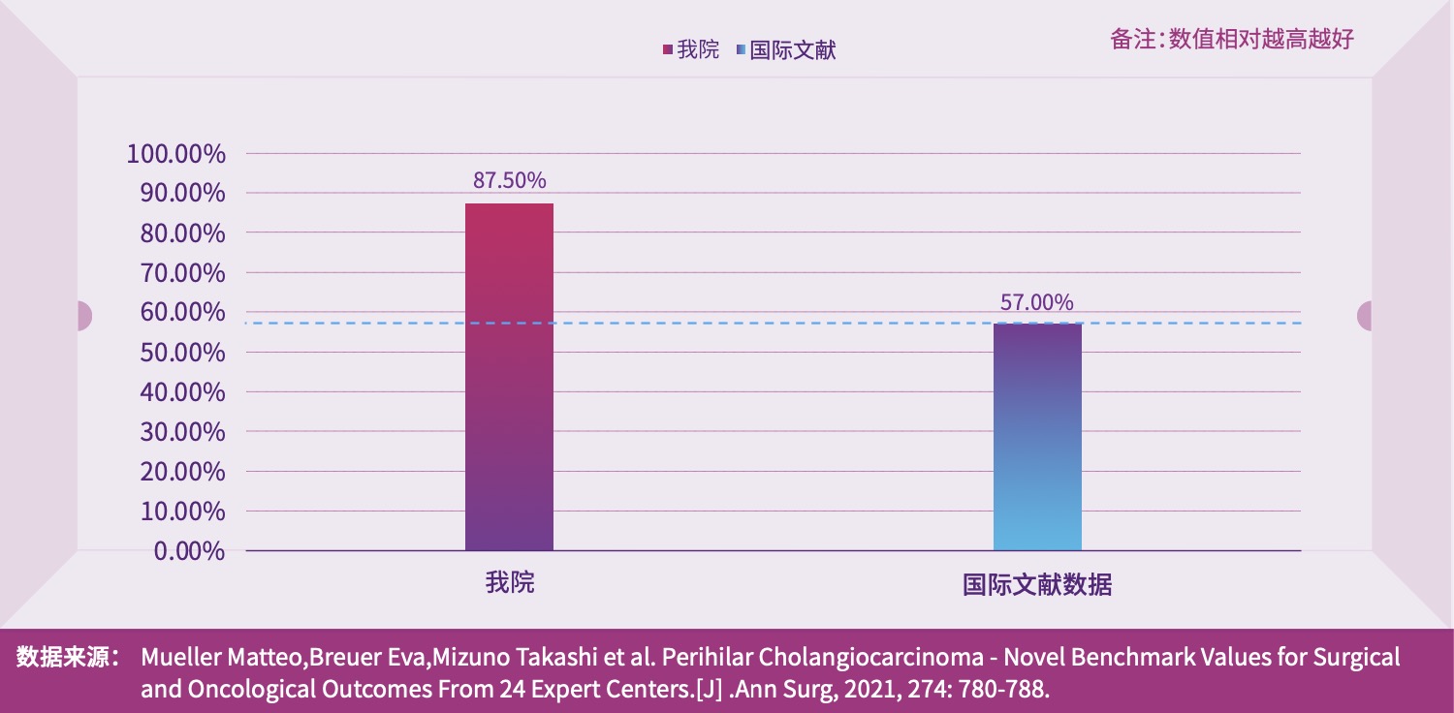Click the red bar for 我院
pyautogui.click(x=509, y=378)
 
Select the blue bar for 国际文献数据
pyautogui.click(x=1037, y=436)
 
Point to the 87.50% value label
pyautogui.click(x=509, y=180)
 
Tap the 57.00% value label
pyautogui.click(x=1037, y=302)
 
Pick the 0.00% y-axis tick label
pyautogui.click(x=189, y=551)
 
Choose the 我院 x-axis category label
pyautogui.click(x=510, y=583)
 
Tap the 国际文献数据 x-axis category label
pyautogui.click(x=1037, y=585)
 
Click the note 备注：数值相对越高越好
pyautogui.click(x=1231, y=39)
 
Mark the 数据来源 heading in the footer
pyautogui.click(x=67, y=658)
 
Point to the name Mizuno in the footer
pyautogui.click(x=468, y=658)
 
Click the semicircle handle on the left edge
pyautogui.click(x=84, y=316)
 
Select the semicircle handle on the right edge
pyautogui.click(x=1365, y=316)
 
